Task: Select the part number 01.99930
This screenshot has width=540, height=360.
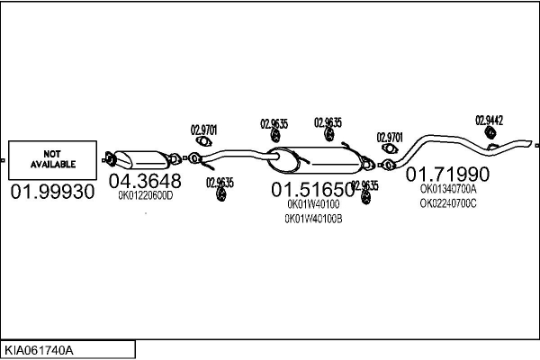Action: tap(52, 192)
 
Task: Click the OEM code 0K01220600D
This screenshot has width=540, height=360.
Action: tap(145, 194)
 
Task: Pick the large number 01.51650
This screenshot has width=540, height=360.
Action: tap(313, 190)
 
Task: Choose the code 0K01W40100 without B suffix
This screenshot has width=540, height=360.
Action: tap(313, 204)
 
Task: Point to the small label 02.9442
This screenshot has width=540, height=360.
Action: tap(489, 120)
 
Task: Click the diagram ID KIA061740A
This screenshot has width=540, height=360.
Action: tap(41, 347)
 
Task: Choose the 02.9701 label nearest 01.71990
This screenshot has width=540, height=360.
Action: tap(389, 137)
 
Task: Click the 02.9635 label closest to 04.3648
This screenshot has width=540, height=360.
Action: tap(219, 182)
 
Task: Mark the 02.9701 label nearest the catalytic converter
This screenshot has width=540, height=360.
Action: tap(203, 129)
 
